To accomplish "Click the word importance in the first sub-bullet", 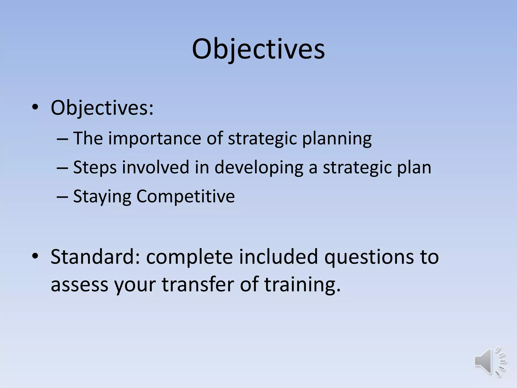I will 155,138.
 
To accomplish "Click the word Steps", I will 95,168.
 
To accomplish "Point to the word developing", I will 259,168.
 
